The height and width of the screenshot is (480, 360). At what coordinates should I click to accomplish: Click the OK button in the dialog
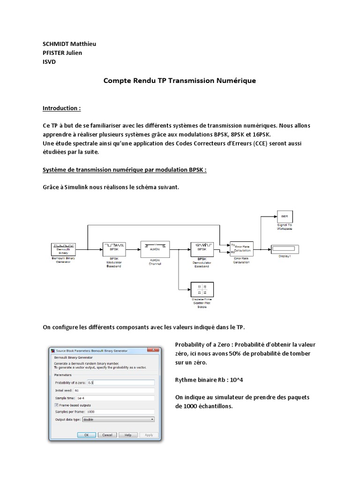coord(86,435)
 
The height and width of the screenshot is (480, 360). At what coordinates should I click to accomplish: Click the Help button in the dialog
coord(127,435)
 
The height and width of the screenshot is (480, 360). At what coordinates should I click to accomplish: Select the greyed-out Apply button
coord(148,435)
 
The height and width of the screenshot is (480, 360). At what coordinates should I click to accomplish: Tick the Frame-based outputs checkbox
coord(57,405)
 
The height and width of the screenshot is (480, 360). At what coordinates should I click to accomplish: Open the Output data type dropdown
coord(118,420)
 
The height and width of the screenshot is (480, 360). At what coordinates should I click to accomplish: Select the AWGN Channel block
coord(155,248)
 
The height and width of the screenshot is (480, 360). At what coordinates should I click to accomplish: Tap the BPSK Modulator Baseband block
coord(114,248)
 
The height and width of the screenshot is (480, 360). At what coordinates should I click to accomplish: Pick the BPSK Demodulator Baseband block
coord(202,248)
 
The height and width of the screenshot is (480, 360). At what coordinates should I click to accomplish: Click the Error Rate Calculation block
coord(242,248)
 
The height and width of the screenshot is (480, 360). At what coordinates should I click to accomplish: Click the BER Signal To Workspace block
coord(284,217)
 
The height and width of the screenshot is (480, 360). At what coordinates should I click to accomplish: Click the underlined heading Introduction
coord(61,108)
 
